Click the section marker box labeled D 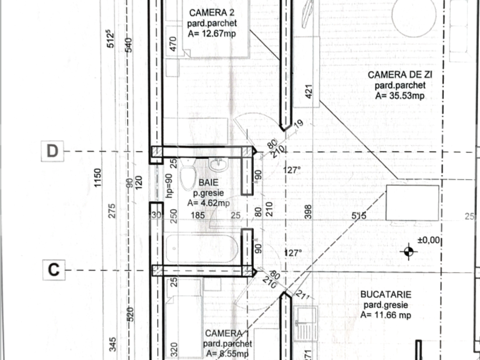pyautogui.click(x=54, y=151)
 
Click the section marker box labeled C pyautogui.click(x=54, y=269)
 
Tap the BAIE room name pyautogui.click(x=208, y=183)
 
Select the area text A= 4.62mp pyautogui.click(x=208, y=202)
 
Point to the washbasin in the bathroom pyautogui.click(x=219, y=166)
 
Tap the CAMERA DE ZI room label pyautogui.click(x=400, y=75)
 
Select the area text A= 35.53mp pyautogui.click(x=400, y=95)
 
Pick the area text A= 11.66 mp pyautogui.click(x=385, y=315)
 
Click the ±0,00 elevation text pyautogui.click(x=429, y=239)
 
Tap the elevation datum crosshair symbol pyautogui.click(x=409, y=252)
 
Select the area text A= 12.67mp pyautogui.click(x=212, y=34)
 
